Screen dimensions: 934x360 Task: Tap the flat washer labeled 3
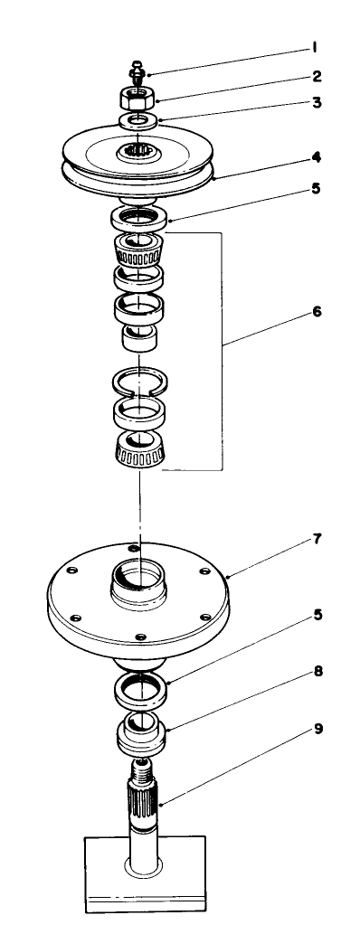pos(138,120)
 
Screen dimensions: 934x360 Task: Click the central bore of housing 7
pos(138,577)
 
